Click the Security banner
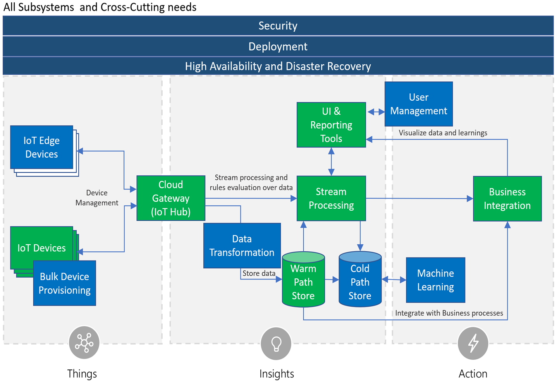[x=278, y=26]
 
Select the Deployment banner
[x=278, y=46]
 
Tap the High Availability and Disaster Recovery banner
[x=278, y=66]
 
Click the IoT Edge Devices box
[x=41, y=147]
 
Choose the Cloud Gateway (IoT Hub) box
[x=171, y=198]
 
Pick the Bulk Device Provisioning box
[x=64, y=283]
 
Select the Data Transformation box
[x=242, y=245]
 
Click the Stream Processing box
[x=331, y=198]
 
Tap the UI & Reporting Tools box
[x=331, y=125]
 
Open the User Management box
[x=419, y=104]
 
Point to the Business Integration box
[x=507, y=199]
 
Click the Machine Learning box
[x=435, y=280]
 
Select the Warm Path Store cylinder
[x=303, y=279]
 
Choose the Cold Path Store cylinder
[x=360, y=279]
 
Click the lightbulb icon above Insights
[x=276, y=343]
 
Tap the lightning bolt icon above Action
[x=473, y=343]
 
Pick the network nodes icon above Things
[x=84, y=343]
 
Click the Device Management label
[x=97, y=198]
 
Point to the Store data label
[x=259, y=273]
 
